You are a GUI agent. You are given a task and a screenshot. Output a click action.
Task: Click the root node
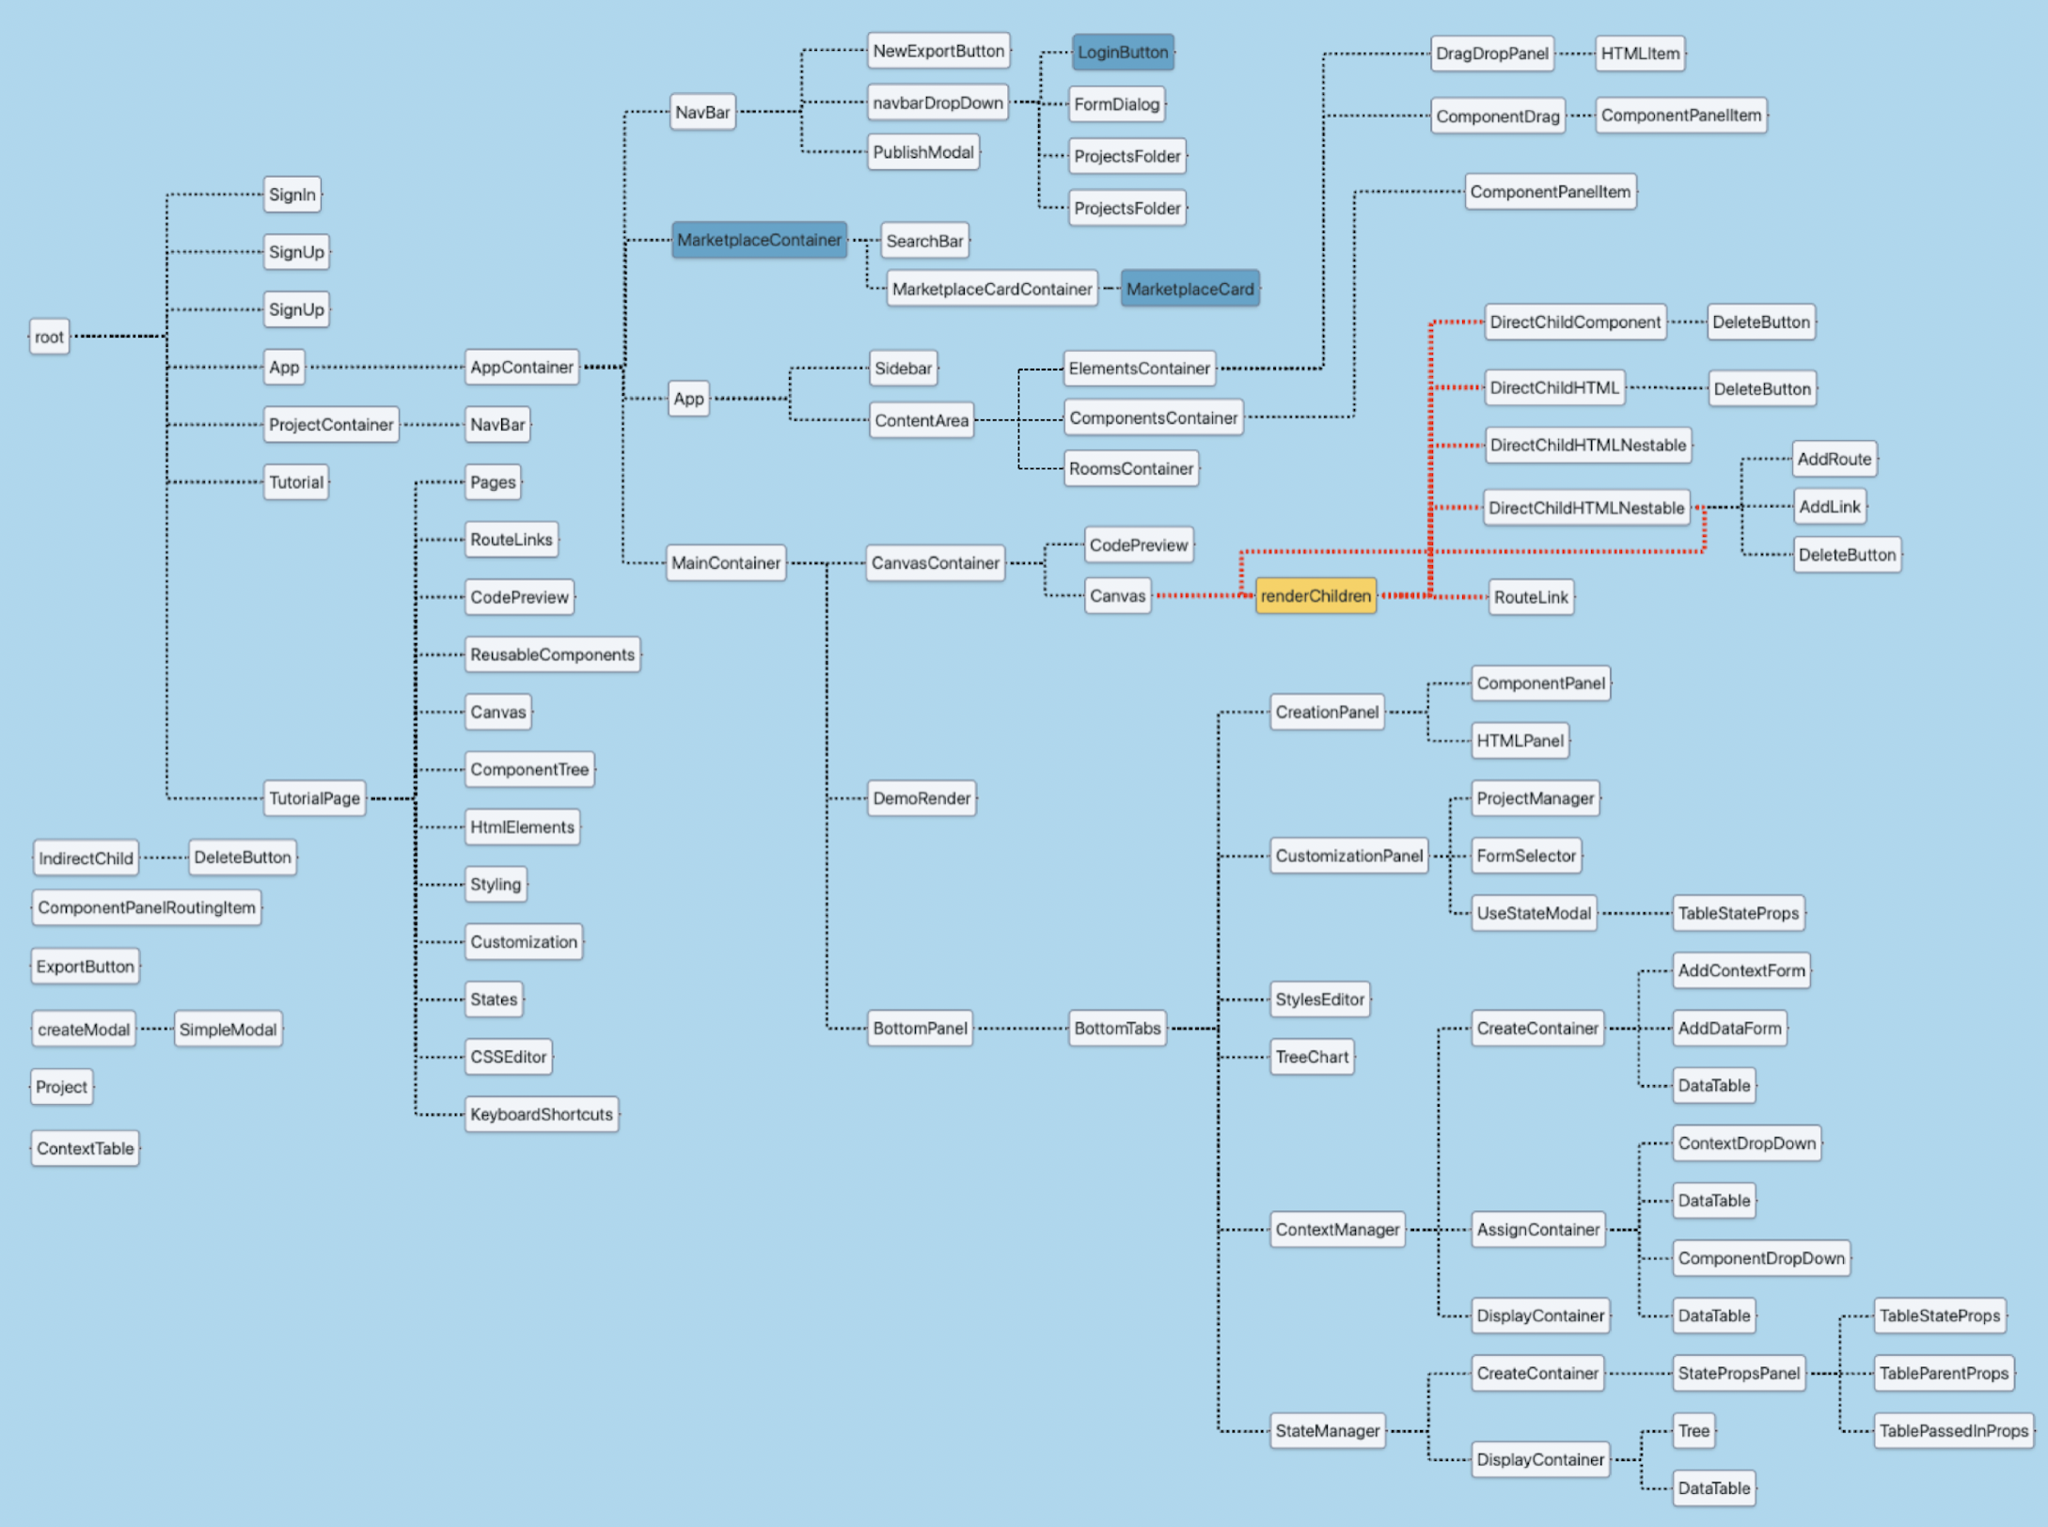[x=49, y=337]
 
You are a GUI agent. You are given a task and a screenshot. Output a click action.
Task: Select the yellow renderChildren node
[x=1315, y=596]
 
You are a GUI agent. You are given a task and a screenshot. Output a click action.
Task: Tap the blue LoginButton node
[x=1123, y=53]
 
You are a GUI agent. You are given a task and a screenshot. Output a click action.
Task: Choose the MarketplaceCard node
[x=1189, y=289]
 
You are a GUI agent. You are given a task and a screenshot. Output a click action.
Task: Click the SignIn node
[x=292, y=195]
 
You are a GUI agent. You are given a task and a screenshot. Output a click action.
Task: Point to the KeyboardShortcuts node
[x=542, y=1114]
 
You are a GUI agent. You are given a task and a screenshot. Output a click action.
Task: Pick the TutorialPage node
[x=314, y=798]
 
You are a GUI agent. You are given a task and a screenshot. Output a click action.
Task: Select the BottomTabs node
[x=1117, y=1029]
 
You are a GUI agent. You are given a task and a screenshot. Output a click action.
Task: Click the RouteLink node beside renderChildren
[x=1531, y=597]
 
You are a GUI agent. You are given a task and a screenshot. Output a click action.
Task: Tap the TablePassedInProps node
[x=1954, y=1431]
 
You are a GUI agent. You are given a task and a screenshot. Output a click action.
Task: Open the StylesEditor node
[x=1319, y=1000]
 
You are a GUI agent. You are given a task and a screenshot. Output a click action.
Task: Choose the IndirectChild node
[x=86, y=858]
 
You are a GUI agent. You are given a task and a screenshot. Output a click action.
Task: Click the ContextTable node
[x=86, y=1148]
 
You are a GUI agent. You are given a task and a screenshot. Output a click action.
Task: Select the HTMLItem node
[x=1640, y=54]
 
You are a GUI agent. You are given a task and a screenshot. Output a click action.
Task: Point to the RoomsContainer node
[x=1131, y=468]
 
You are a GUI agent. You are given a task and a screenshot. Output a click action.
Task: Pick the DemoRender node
[x=922, y=798]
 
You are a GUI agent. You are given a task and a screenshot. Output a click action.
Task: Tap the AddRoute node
[x=1834, y=459]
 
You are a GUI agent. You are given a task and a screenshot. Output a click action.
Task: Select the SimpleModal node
[x=228, y=1030]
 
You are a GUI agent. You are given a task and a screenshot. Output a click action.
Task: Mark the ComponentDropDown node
[x=1761, y=1258]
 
